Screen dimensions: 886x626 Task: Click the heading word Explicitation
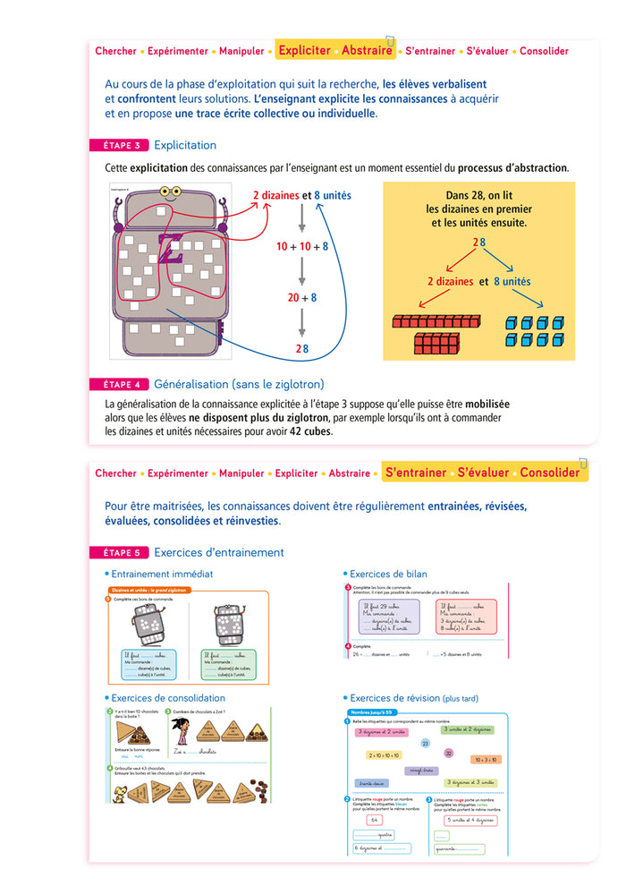click(x=185, y=145)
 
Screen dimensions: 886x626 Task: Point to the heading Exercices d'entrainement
click(x=219, y=553)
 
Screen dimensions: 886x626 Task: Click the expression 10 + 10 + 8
click(x=302, y=246)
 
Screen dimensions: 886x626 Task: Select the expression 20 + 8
click(x=302, y=298)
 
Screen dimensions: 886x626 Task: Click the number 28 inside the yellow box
click(x=479, y=243)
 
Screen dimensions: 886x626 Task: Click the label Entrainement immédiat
click(x=162, y=574)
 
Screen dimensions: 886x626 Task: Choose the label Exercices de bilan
click(x=388, y=574)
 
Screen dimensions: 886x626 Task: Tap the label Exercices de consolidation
click(x=168, y=697)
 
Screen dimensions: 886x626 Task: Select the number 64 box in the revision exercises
click(x=374, y=820)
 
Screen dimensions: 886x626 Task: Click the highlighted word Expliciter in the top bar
click(x=304, y=51)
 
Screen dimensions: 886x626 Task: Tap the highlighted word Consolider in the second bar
click(x=550, y=473)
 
